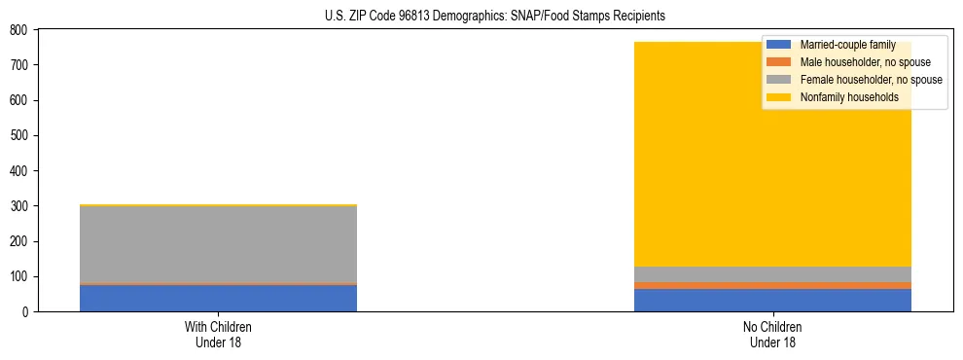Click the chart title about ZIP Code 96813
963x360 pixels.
[495, 17]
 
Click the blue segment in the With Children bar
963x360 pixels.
[218, 298]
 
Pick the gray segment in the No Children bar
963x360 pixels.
[773, 274]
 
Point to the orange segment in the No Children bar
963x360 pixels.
[773, 285]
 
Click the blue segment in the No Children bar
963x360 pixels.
[773, 300]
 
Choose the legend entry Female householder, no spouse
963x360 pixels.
[871, 80]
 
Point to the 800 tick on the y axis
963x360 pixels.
[18, 30]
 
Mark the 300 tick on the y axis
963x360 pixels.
[18, 206]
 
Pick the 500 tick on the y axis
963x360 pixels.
[18, 135]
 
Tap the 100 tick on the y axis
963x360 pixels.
[18, 276]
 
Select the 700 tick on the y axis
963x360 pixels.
[18, 65]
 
